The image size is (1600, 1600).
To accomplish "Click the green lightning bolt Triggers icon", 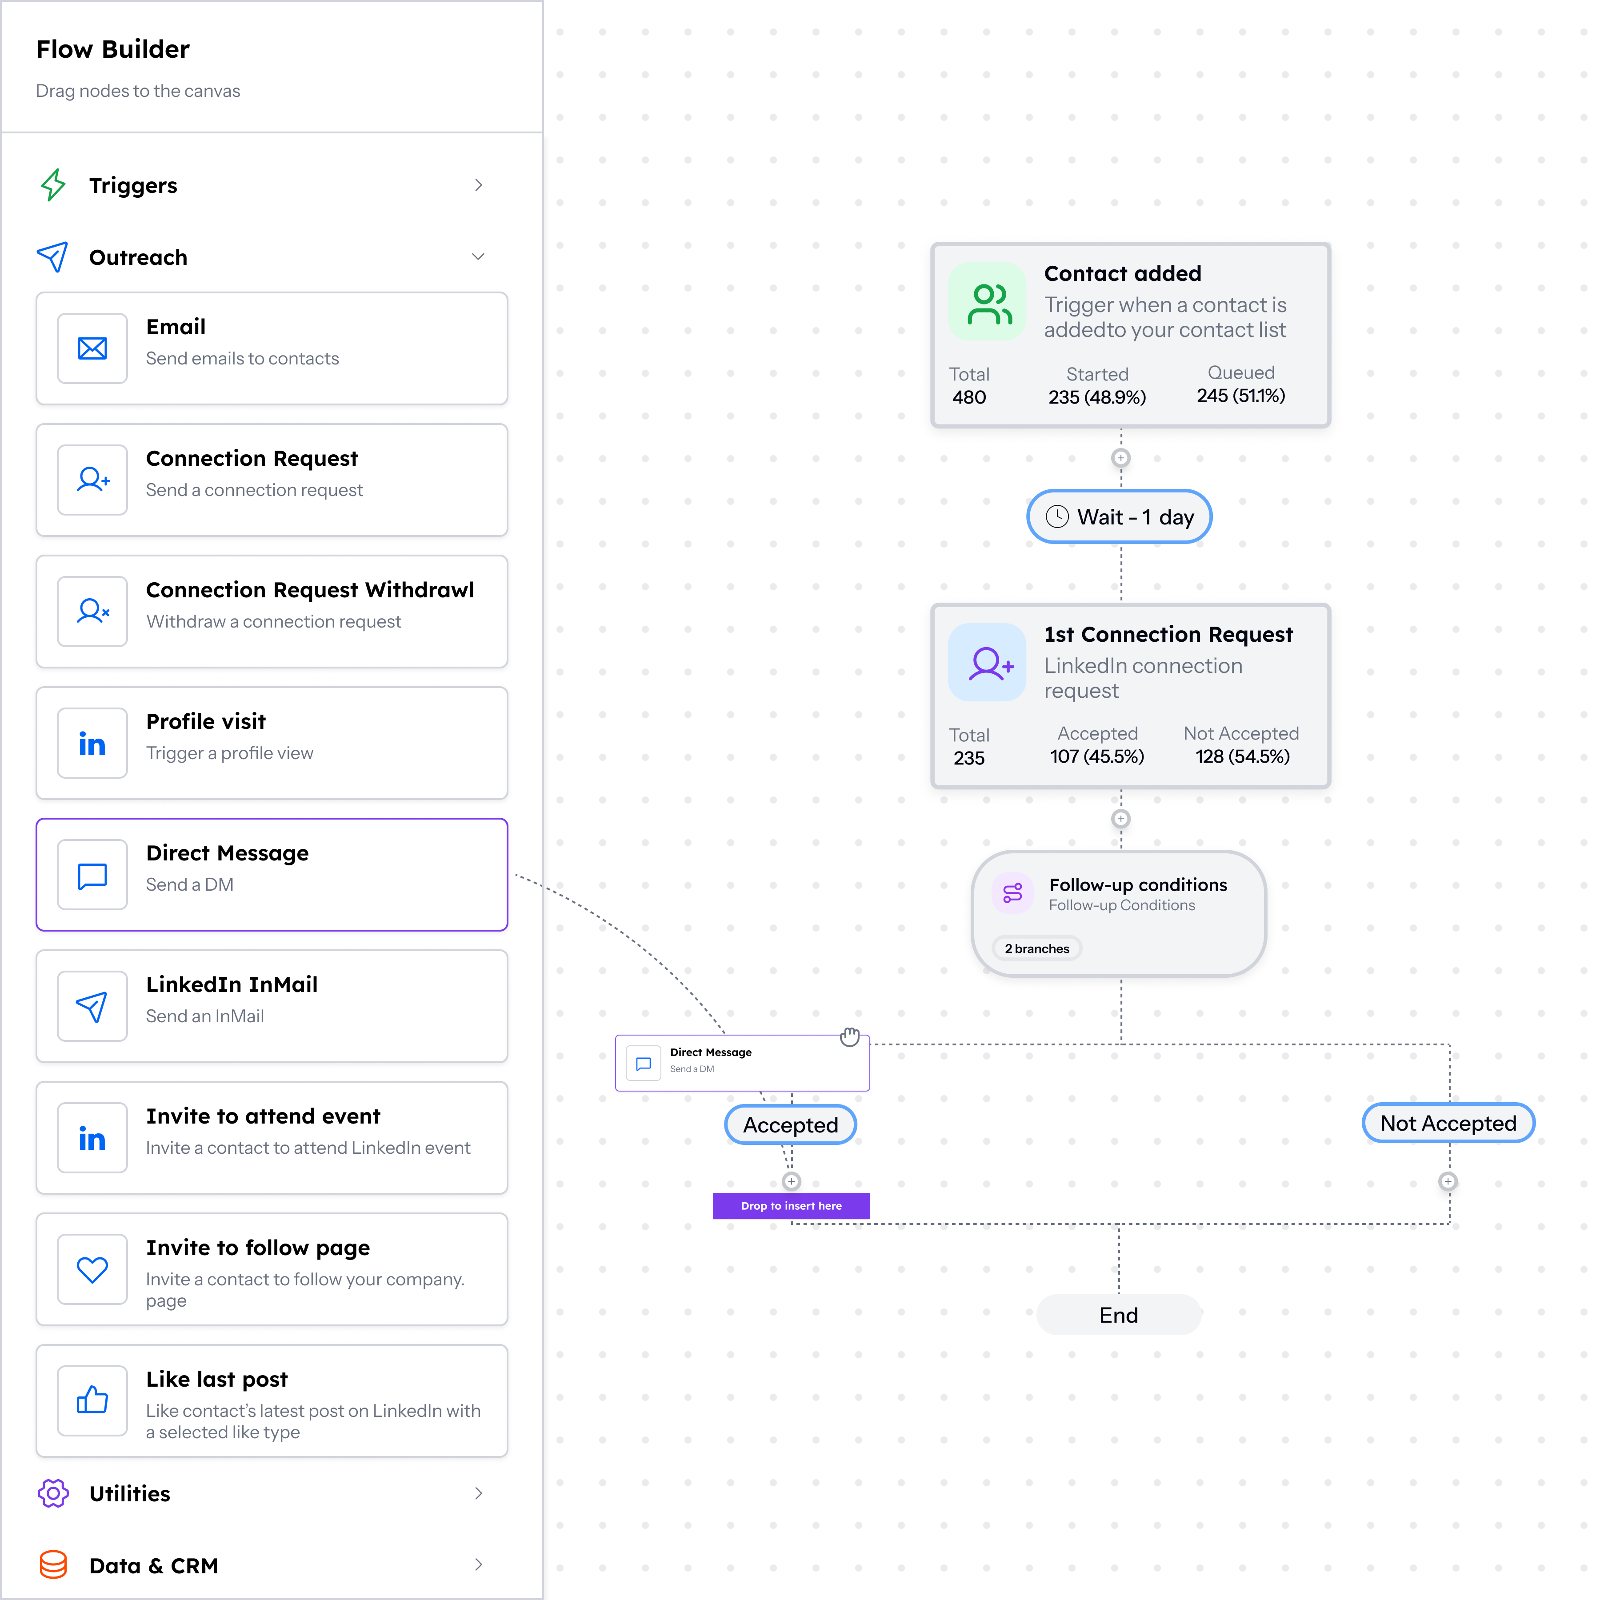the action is pos(53,185).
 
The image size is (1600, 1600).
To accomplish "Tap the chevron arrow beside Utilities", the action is pos(478,1493).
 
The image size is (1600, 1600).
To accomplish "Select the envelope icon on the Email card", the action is pos(92,348).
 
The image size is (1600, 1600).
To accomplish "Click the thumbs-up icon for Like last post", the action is pos(92,1400).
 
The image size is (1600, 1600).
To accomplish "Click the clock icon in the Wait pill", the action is pos(1057,517).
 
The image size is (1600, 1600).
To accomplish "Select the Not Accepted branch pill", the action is pos(1448,1123).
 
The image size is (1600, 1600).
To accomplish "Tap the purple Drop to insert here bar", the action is pos(791,1206).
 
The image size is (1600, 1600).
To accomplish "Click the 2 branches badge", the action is pos(1037,948).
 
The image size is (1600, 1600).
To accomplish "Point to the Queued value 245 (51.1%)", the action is pos(1240,396).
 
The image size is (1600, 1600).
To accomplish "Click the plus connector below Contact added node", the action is pos(1120,458).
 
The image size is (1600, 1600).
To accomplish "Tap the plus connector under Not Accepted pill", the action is pos(1448,1182).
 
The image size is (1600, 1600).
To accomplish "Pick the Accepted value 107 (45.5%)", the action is pos(1097,756).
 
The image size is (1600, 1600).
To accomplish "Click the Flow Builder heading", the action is pos(112,49).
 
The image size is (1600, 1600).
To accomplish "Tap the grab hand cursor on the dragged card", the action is pos(850,1036).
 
